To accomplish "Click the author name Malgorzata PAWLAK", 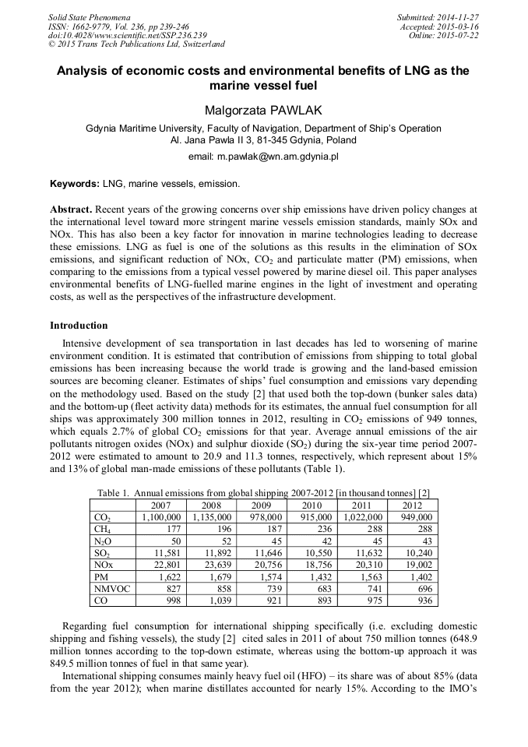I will point(263,111).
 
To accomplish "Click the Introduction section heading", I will point(79,325).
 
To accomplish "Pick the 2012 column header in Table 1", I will point(412,505).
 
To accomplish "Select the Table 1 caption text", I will point(264,492).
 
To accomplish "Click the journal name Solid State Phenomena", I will point(89,17).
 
